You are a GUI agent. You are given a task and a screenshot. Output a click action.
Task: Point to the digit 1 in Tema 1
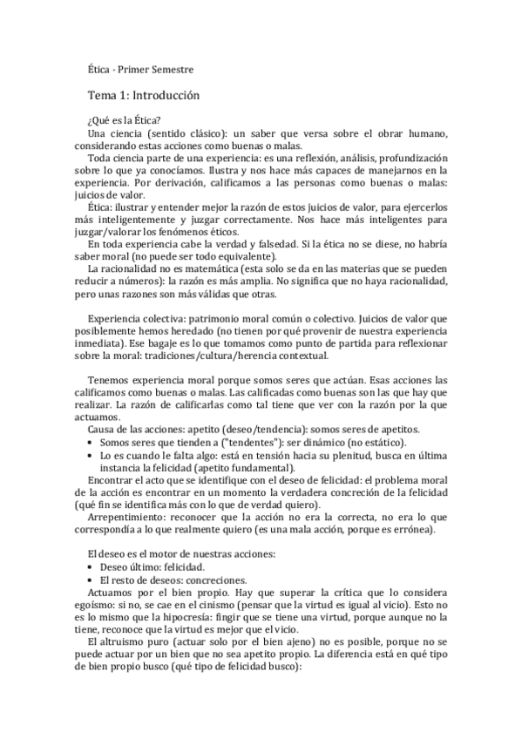pos(122,95)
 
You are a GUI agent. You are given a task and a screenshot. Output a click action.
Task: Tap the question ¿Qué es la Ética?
pos(124,119)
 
